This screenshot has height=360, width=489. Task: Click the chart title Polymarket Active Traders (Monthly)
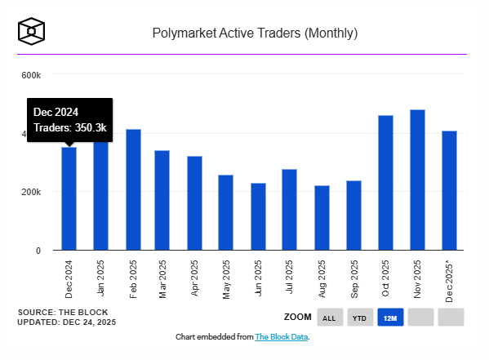255,33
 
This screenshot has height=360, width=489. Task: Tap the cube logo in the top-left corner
31,31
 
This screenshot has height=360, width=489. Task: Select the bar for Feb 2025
133,189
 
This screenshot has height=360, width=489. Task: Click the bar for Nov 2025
417,180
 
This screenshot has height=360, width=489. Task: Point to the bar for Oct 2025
385,182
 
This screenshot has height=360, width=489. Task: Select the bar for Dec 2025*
449,190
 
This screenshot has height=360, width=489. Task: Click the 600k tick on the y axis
31,75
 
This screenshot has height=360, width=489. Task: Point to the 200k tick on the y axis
31,192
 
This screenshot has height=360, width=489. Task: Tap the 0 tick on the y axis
38,251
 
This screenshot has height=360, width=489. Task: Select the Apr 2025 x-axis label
196,278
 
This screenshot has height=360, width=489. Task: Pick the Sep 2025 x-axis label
354,278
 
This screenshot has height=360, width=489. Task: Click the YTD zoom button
359,318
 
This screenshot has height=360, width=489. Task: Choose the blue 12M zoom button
389,318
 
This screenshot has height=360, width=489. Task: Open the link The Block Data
282,336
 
